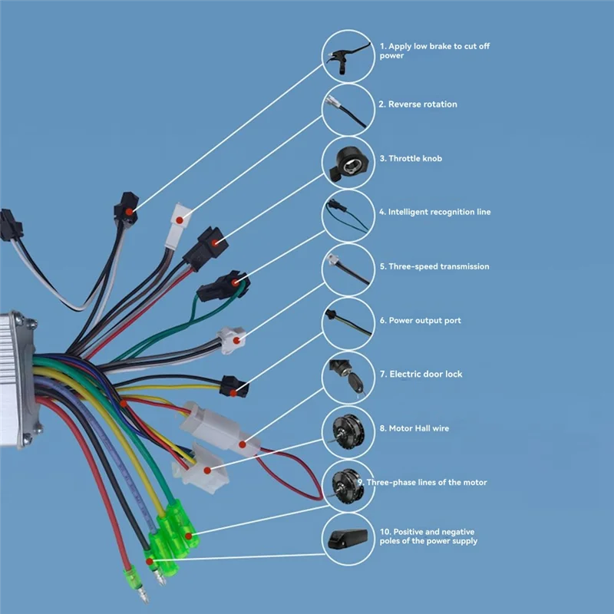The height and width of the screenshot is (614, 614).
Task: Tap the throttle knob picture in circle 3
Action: pyautogui.click(x=348, y=162)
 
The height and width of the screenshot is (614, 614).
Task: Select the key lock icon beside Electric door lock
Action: pyautogui.click(x=348, y=377)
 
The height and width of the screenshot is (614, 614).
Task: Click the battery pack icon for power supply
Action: pyautogui.click(x=348, y=540)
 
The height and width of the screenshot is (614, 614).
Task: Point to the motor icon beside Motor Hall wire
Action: pyautogui.click(x=348, y=431)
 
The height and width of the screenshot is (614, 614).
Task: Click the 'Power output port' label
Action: pyautogui.click(x=424, y=320)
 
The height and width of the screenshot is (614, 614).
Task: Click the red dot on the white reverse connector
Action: pyautogui.click(x=180, y=220)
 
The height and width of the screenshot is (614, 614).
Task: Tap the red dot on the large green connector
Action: pyautogui.click(x=188, y=531)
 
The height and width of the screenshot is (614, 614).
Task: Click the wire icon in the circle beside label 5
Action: pyautogui.click(x=348, y=269)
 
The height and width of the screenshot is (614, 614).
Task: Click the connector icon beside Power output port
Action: pyautogui.click(x=348, y=323)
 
